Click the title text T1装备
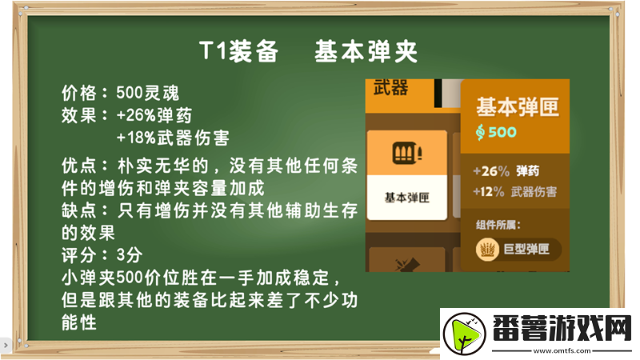tap(238, 52)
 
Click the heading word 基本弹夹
tap(366, 52)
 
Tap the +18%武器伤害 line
tap(173, 138)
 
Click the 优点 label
tap(78, 166)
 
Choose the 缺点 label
tap(78, 210)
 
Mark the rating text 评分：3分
tap(102, 255)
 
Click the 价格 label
tap(78, 93)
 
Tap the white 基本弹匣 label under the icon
tap(407, 197)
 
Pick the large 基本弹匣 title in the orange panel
tap(517, 107)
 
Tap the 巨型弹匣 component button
tap(516, 250)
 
